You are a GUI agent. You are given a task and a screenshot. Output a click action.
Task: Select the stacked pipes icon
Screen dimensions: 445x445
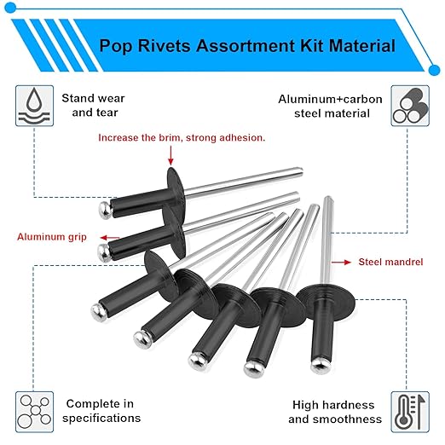(x=409, y=107)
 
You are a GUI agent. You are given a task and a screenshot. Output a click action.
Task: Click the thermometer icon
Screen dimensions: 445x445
(x=409, y=410)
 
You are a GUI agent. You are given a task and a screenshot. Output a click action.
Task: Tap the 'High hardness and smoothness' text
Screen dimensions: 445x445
(x=334, y=412)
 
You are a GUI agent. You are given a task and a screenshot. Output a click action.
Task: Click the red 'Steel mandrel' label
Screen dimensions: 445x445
(x=390, y=263)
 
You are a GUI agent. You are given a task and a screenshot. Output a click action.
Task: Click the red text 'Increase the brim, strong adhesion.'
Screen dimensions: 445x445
(x=182, y=136)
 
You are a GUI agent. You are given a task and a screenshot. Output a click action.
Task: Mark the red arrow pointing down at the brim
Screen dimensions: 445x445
(x=171, y=154)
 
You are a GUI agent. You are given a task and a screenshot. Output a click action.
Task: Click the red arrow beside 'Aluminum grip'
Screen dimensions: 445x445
(x=103, y=237)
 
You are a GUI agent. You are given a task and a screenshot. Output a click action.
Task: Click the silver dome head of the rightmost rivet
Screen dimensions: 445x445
(x=315, y=365)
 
